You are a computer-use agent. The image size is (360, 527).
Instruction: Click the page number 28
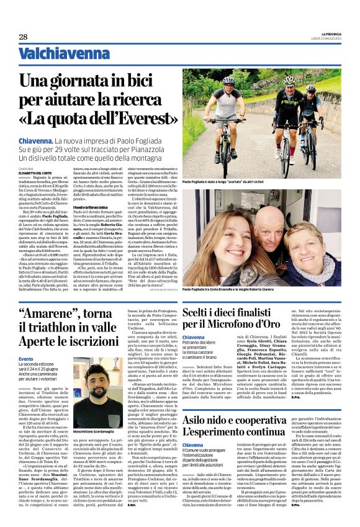click(x=23, y=37)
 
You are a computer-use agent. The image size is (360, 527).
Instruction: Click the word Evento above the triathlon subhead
click(x=26, y=359)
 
